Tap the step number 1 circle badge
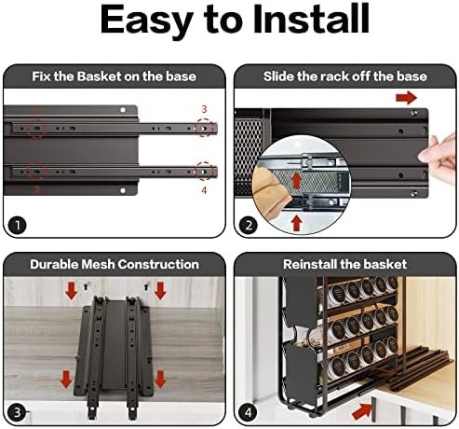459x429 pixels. click(17, 225)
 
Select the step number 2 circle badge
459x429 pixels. click(249, 225)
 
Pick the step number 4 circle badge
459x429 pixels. click(249, 412)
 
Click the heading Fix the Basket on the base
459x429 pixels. click(114, 76)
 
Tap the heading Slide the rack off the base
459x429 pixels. click(345, 76)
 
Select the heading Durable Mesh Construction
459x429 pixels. click(115, 264)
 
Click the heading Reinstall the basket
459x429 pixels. click(344, 264)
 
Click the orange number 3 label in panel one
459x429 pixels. click(204, 109)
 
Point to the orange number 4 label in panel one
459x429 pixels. click(204, 190)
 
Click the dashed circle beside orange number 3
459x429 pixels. click(204, 128)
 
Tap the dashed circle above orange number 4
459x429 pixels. click(204, 171)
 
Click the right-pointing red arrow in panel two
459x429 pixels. click(406, 98)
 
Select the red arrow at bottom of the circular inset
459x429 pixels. click(297, 224)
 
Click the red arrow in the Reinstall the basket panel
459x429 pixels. click(363, 410)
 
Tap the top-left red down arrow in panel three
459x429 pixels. click(72, 291)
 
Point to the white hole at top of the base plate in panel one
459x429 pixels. click(123, 110)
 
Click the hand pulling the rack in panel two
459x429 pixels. click(440, 157)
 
